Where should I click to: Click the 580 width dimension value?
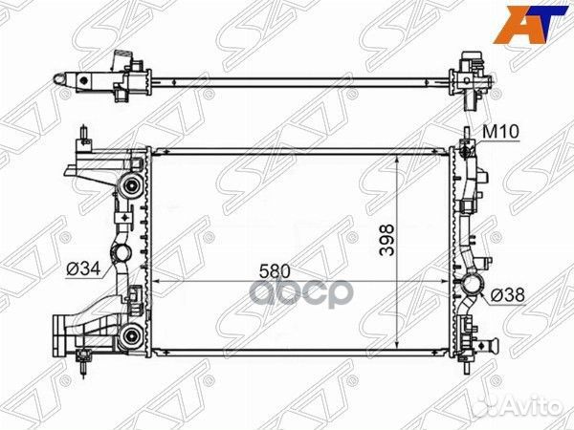pos(275,271)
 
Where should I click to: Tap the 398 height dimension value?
pos(386,240)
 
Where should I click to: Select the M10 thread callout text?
pos(500,132)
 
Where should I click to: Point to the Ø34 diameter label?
pos(83,269)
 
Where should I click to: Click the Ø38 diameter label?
pos(508,294)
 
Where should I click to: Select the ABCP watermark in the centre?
pos(301,292)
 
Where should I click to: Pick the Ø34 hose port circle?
pos(121,253)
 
